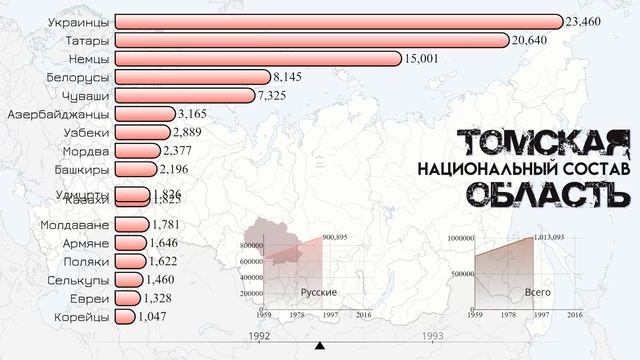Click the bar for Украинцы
(x=340, y=21)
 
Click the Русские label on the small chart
(x=318, y=291)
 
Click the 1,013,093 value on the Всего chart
(x=558, y=237)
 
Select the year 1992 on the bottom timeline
(x=259, y=336)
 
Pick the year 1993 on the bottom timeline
(x=433, y=336)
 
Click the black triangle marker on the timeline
(x=320, y=347)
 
